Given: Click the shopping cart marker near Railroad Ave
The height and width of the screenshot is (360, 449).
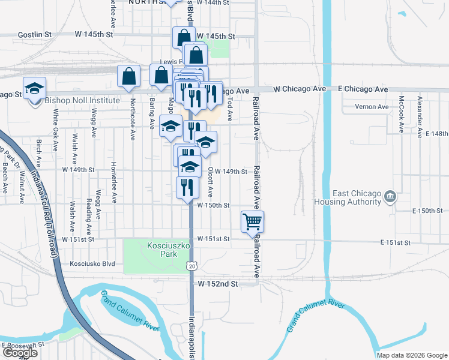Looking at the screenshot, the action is click(x=253, y=221).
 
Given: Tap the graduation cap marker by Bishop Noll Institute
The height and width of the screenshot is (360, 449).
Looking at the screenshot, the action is click(x=34, y=88).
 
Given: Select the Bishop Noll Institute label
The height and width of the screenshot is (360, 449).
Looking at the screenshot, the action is click(x=82, y=101).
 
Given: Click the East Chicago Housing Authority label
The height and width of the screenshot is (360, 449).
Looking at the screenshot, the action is click(x=358, y=197).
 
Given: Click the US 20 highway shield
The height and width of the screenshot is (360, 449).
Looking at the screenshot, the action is click(x=191, y=266).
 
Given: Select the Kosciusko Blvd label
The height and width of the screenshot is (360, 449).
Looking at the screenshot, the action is click(x=92, y=263).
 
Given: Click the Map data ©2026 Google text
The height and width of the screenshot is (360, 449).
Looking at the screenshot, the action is click(x=412, y=355).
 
